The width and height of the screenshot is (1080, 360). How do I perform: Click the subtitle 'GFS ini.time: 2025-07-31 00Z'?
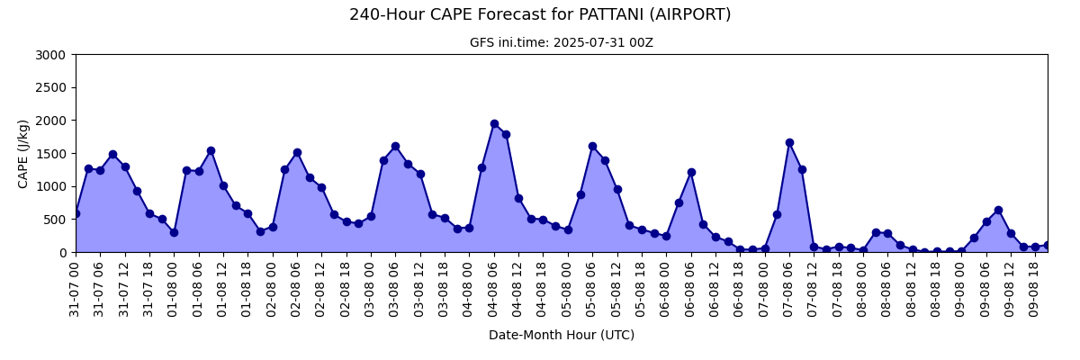(x=562, y=42)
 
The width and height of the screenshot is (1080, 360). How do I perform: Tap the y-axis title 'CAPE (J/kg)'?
(x=22, y=154)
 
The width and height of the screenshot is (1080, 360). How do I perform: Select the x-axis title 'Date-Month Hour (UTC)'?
(x=562, y=335)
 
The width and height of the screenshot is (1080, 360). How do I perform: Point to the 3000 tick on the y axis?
(x=50, y=55)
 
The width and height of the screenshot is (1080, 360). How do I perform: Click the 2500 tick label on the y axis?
(x=50, y=87)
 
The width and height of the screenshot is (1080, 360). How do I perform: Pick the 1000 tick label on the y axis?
(x=50, y=186)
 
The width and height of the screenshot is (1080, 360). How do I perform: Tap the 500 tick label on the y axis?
(x=56, y=220)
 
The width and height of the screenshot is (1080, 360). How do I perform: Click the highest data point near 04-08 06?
(x=494, y=124)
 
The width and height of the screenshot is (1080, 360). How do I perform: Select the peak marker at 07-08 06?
(x=790, y=143)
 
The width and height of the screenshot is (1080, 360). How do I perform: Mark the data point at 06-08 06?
(x=691, y=172)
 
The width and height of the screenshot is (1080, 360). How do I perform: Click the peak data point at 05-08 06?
(x=592, y=146)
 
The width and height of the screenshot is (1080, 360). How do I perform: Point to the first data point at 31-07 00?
(x=76, y=213)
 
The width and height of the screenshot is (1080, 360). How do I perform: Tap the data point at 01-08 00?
(x=174, y=232)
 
